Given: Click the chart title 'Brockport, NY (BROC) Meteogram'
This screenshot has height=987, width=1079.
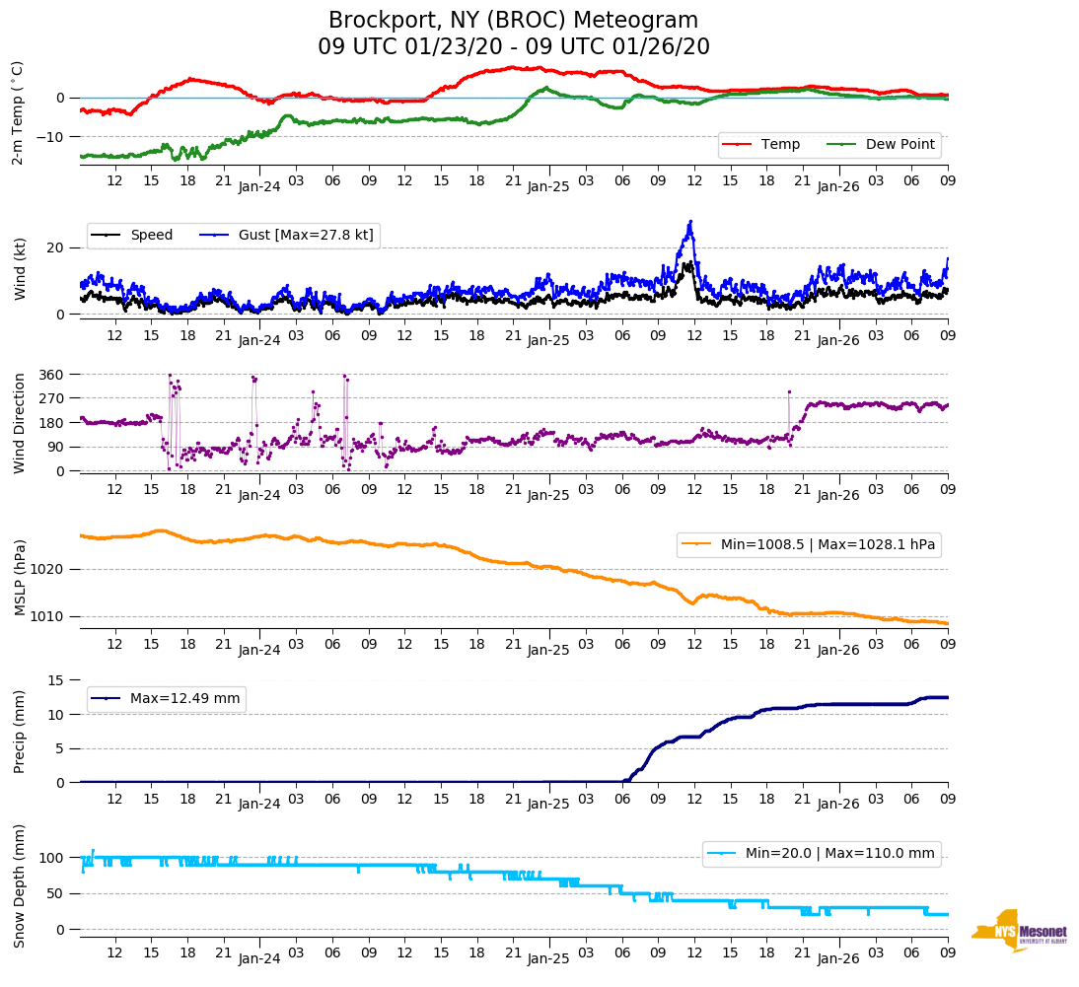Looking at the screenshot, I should tap(513, 21).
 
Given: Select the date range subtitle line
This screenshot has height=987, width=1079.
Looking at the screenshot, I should tap(513, 47).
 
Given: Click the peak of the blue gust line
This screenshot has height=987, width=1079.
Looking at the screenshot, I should tap(690, 222).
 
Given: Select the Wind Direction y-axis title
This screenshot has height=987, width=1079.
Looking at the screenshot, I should tap(20, 422).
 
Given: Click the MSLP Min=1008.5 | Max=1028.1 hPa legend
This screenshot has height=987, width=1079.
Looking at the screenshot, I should tap(808, 544).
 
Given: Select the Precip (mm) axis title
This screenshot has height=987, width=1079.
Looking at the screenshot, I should tap(20, 731).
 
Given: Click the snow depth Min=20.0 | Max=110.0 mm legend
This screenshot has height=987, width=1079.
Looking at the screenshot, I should tap(821, 853).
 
